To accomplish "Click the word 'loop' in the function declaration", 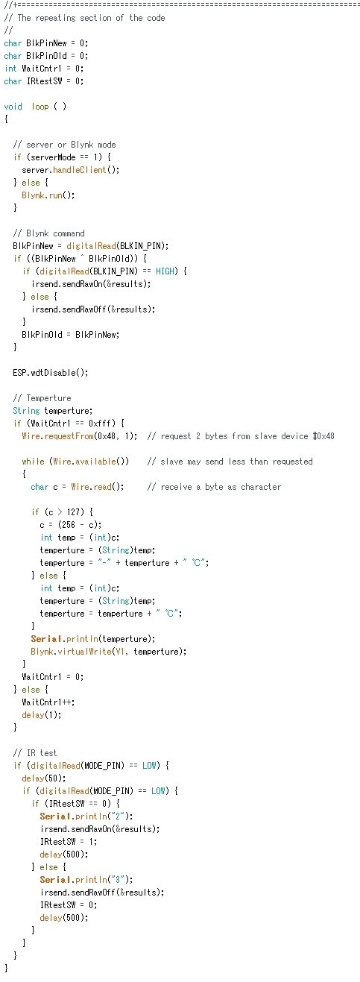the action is pyautogui.click(x=40, y=107).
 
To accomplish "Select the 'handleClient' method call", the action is pyautogui.click(x=79, y=170).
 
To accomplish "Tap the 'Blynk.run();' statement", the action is pyautogui.click(x=48, y=195).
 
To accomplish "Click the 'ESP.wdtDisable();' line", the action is pyautogui.click(x=51, y=373).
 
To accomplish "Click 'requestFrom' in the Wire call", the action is pyautogui.click(x=69, y=435).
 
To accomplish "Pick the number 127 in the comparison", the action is pyautogui.click(x=73, y=512).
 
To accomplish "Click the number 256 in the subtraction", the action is pyautogui.click(x=69, y=525).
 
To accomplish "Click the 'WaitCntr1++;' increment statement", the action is pyautogui.click(x=48, y=702).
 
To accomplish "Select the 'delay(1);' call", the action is pyautogui.click(x=42, y=715).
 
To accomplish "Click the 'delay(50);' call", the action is pyautogui.click(x=44, y=778).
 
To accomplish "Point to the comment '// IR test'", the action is pyautogui.click(x=35, y=753).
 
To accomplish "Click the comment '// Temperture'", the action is pyautogui.click(x=42, y=397).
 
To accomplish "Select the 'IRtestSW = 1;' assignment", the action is pyautogui.click(x=69, y=841).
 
